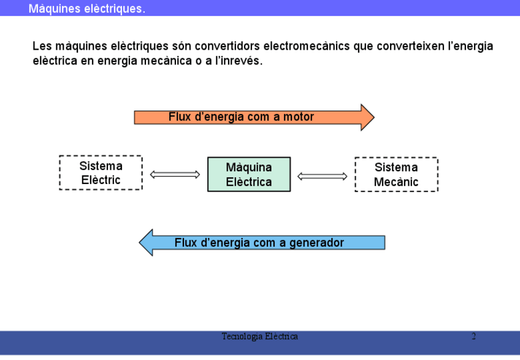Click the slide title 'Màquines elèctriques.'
click(x=86, y=9)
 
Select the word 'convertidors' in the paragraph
click(x=225, y=47)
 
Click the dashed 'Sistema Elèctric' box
click(x=101, y=173)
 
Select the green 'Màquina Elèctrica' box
click(x=249, y=175)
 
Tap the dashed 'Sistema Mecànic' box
click(x=396, y=175)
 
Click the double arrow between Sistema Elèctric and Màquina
click(x=175, y=175)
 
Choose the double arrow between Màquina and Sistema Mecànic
click(x=323, y=177)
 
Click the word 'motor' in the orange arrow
click(x=299, y=117)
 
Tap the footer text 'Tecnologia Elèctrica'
click(x=260, y=337)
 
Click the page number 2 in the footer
click(x=473, y=337)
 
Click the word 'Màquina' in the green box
click(x=249, y=167)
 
